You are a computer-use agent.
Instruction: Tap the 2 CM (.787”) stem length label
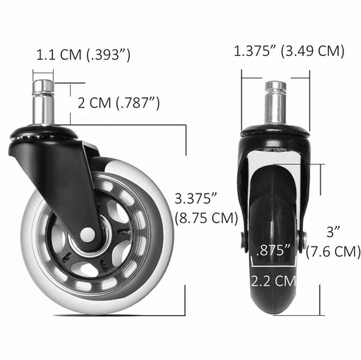tap(120, 102)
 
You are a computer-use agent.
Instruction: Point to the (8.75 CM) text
tap(206, 219)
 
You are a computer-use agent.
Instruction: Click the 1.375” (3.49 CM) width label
tap(289, 51)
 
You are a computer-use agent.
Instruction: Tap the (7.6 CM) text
tap(334, 251)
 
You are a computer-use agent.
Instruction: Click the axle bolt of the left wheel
tap(87, 234)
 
